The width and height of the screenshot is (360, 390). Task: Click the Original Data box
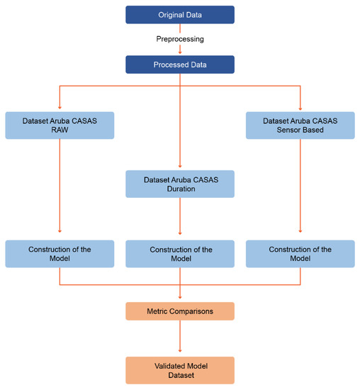[180, 14]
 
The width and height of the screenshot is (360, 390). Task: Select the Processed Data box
[180, 65]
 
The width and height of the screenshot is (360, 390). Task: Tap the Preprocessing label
[180, 40]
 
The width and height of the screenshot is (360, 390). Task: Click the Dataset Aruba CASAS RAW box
[60, 125]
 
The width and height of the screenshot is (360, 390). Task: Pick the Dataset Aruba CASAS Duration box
[180, 184]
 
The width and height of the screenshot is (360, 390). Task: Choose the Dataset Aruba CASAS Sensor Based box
[300, 125]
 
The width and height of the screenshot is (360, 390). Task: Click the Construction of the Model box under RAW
[60, 254]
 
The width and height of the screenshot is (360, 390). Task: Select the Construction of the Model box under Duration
[180, 254]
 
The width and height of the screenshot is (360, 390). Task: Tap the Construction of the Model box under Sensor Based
[300, 254]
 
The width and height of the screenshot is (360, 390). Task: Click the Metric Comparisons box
[180, 311]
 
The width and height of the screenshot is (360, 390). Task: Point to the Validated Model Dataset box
[180, 370]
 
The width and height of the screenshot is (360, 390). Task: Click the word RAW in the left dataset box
[60, 130]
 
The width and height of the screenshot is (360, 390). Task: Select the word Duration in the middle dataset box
[180, 189]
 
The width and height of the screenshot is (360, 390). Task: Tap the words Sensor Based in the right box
[300, 130]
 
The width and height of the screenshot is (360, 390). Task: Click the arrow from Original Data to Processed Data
[180, 50]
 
